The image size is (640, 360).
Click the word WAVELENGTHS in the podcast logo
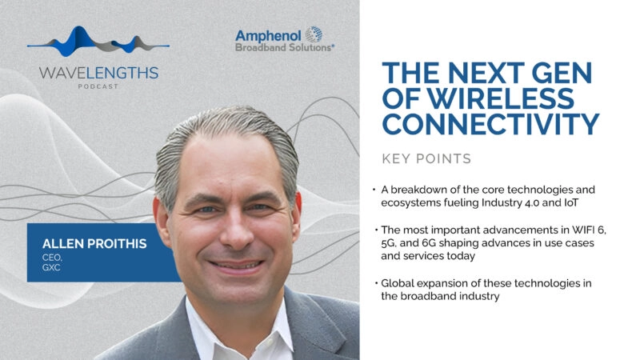point(98,73)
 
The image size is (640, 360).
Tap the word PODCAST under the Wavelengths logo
point(98,86)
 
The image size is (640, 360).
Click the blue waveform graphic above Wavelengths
point(98,42)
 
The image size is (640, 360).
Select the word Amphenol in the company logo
point(268,36)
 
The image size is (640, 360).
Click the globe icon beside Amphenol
point(314,34)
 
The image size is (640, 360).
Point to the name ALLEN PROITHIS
point(94,244)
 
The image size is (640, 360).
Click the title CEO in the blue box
point(52,258)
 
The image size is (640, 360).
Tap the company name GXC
point(51,268)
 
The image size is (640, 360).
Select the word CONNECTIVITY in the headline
point(490,124)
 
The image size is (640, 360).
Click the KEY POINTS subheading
point(426,158)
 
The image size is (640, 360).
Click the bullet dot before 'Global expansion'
point(375,283)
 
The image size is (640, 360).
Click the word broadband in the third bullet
point(429,296)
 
